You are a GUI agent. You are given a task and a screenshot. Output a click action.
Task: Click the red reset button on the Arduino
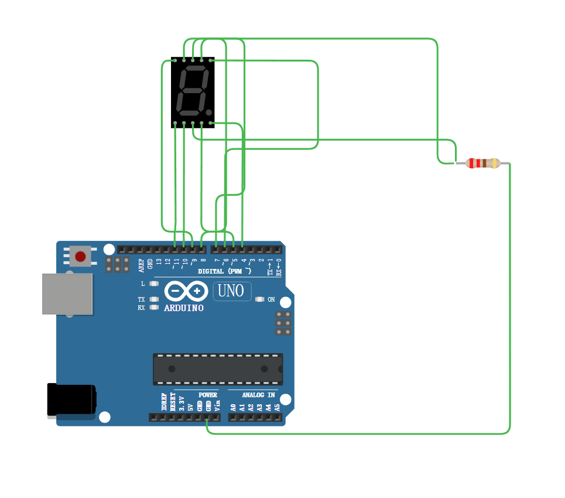80,256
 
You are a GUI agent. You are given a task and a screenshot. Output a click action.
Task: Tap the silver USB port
67,293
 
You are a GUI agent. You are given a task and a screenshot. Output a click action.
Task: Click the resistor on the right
482,163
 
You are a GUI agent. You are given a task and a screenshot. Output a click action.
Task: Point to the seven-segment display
193,92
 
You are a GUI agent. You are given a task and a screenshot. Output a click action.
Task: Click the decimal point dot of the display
208,112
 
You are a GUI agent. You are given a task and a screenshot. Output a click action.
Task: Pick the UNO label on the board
231,291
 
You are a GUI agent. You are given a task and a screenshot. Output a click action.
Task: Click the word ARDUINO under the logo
184,308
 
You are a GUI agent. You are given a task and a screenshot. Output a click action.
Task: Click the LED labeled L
154,284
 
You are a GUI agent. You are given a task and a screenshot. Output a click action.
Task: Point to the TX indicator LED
154,299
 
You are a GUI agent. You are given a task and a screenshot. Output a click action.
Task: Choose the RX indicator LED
154,307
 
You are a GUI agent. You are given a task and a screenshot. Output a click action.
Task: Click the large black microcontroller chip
218,369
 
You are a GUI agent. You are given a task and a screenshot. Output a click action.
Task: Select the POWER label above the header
208,395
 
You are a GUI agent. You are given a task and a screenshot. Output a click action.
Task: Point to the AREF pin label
141,264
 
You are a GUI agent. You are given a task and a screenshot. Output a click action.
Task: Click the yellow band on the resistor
495,163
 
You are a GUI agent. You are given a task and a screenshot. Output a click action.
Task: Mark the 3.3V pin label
182,403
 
